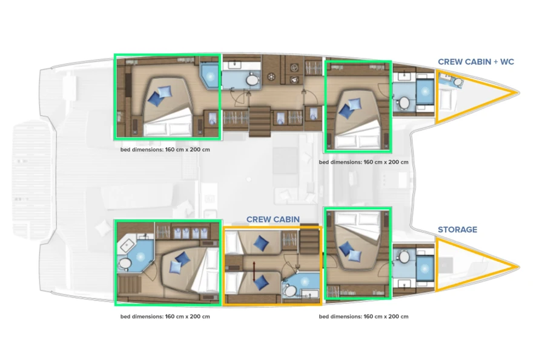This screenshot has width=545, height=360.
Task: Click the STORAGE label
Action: [457, 230]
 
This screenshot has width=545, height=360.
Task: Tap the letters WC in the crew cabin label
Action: [507, 62]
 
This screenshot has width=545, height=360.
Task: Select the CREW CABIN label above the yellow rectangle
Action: [273, 219]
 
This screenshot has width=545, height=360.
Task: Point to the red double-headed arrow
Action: [254, 272]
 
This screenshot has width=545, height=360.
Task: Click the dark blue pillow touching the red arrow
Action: [261, 282]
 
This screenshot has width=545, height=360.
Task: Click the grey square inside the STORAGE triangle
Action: [446, 265]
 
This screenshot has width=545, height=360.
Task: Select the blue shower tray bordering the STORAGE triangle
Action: [425, 268]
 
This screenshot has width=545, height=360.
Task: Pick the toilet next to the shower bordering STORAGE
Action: [404, 257]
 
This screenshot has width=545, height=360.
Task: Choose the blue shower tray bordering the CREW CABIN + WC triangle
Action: [425, 92]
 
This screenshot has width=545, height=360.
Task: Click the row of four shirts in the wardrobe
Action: [191, 232]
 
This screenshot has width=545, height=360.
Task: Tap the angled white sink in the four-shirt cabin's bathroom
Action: [128, 245]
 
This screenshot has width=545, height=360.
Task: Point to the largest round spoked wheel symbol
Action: [271, 76]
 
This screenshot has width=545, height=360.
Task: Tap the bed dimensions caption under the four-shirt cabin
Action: [165, 316]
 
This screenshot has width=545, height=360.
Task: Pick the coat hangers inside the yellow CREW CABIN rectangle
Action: [289, 239]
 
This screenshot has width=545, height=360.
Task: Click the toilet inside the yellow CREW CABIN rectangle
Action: [289, 291]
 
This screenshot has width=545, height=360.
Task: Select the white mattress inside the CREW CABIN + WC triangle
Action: [445, 99]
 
